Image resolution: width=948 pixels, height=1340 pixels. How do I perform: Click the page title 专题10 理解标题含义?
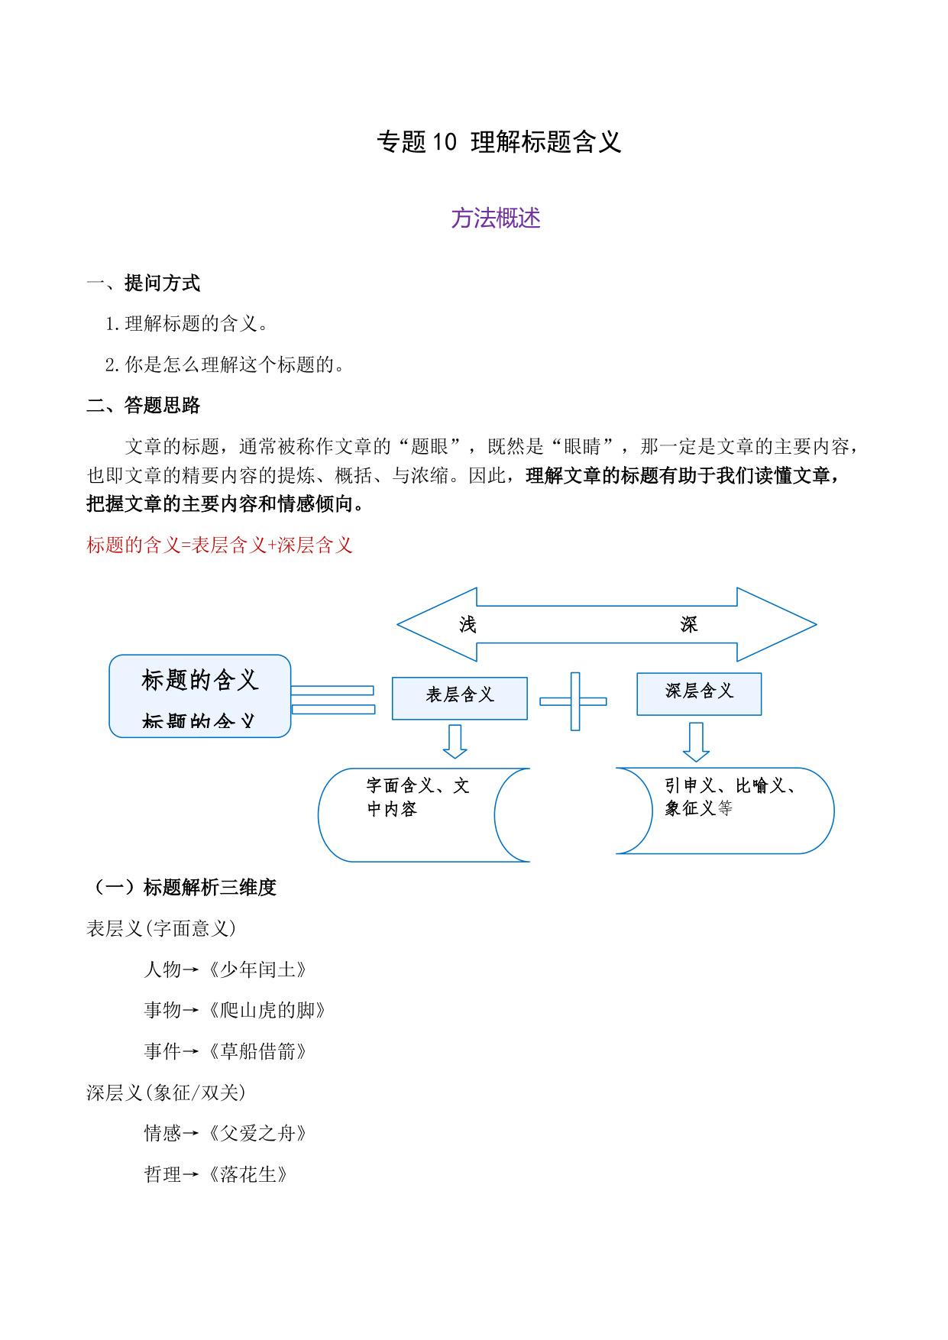point(499,142)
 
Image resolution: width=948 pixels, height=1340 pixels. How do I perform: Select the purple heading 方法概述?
point(496,218)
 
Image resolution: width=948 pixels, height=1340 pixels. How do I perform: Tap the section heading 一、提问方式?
point(144,283)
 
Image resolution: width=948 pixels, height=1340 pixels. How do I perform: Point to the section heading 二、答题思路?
point(144,405)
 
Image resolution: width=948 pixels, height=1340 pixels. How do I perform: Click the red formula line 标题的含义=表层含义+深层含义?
point(220,545)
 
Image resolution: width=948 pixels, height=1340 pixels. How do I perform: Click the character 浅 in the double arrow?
point(468,624)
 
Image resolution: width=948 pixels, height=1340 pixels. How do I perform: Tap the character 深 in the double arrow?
point(689,624)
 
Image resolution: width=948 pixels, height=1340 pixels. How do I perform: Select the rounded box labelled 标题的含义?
point(200,696)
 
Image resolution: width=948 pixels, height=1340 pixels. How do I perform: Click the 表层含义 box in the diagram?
point(460,698)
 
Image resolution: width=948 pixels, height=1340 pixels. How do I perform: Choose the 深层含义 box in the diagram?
point(699,694)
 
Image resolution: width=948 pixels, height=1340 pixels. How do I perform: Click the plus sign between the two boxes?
point(574,701)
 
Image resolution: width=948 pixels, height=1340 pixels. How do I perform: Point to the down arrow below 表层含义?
point(455,741)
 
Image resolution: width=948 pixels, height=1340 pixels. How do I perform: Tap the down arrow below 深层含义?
point(696,742)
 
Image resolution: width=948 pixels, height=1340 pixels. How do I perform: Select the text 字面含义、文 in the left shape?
point(418,785)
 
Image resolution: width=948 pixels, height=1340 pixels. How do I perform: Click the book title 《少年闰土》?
point(257,969)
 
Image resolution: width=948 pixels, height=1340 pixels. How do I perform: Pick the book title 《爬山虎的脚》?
point(267,1010)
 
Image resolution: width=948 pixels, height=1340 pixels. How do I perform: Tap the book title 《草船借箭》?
point(257,1051)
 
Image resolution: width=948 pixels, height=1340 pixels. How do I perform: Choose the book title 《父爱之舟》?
point(257,1133)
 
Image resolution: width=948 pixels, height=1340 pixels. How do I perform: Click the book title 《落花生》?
point(248,1174)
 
